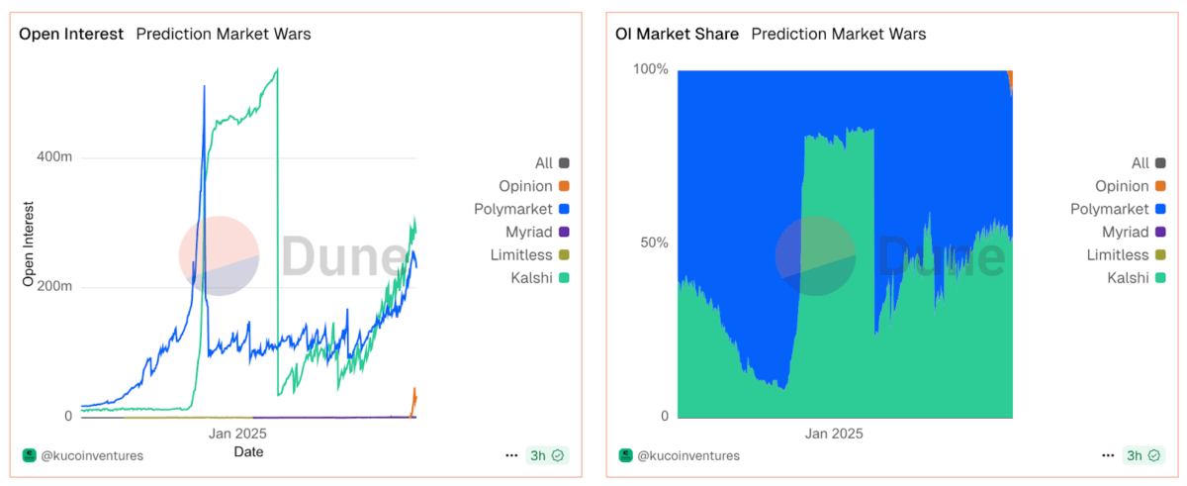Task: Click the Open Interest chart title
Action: [x=71, y=34]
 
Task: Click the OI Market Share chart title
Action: [x=677, y=34]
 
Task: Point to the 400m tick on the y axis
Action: [x=54, y=157]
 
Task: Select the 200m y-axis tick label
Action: [x=54, y=287]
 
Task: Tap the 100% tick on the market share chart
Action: [x=651, y=69]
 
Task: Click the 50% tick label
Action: [x=655, y=243]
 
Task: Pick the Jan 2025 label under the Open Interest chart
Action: [x=237, y=434]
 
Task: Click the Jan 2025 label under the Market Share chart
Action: [x=834, y=434]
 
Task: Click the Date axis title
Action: [x=248, y=451]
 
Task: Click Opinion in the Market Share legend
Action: [x=1122, y=186]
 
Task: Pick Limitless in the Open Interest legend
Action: [x=521, y=255]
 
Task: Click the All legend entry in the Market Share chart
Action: [x=1141, y=163]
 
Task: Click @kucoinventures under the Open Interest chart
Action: [x=92, y=455]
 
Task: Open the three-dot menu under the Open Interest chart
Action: [x=511, y=455]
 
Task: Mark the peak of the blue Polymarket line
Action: [x=205, y=86]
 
